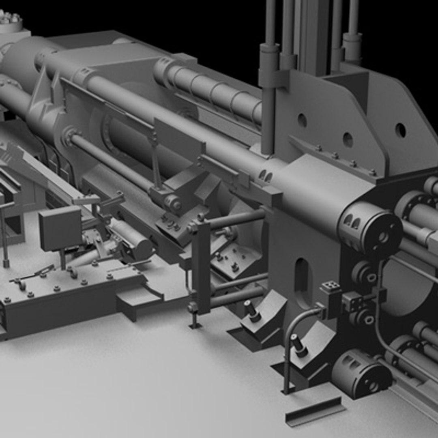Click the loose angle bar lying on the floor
coord(315,411)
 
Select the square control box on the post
coord(60,228)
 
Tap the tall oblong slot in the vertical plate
coord(301,277)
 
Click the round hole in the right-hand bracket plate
coord(400,130)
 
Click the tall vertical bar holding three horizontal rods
coord(202,266)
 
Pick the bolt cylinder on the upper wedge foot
coord(252,311)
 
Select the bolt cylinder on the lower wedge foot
coord(299,345)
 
